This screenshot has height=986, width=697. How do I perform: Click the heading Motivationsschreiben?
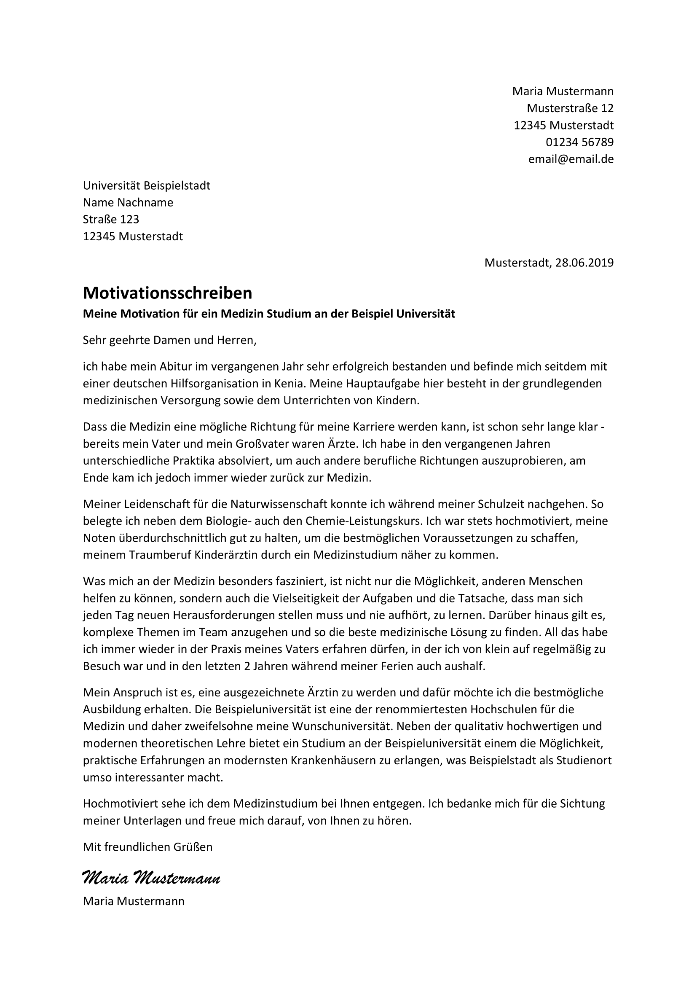[x=167, y=293]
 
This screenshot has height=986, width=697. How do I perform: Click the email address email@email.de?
[x=571, y=159]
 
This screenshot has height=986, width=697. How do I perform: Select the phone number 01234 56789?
[x=579, y=142]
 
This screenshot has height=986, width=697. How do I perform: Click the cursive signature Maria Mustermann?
[x=151, y=878]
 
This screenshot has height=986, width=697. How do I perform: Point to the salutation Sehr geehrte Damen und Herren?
[x=169, y=341]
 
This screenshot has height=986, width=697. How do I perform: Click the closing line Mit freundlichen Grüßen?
[x=147, y=847]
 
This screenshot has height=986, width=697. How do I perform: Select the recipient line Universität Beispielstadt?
[x=147, y=185]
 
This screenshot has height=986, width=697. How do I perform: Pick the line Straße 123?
[x=111, y=220]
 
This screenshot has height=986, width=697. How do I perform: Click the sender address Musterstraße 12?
[x=570, y=108]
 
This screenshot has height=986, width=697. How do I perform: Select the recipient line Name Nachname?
[x=128, y=203]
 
